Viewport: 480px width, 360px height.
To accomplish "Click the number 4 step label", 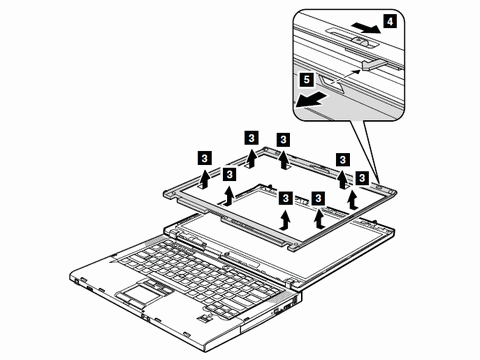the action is click(390, 22).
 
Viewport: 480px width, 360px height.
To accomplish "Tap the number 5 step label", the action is click(307, 80).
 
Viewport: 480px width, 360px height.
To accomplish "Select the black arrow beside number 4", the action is click(366, 28).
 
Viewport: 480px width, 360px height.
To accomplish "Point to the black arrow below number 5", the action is click(310, 100).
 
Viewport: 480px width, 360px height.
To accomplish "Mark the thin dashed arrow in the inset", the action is click(348, 75).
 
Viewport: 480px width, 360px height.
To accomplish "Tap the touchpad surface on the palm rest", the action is click(137, 294).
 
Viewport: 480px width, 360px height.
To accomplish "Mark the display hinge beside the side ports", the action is click(291, 282).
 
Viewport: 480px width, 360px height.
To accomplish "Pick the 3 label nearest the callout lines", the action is click(362, 178).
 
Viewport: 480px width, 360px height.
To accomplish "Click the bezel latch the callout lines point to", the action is click(380, 186).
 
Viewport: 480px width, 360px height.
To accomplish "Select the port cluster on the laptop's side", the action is click(285, 307).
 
